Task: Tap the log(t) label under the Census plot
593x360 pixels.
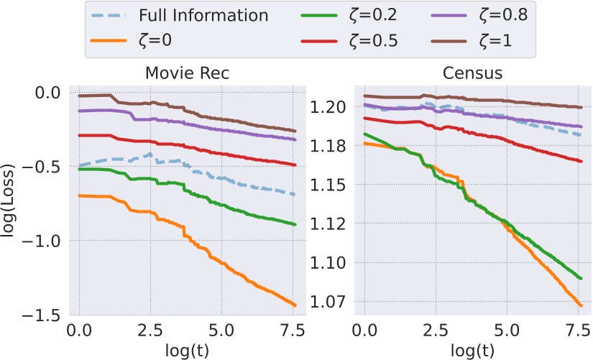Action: click(x=472, y=351)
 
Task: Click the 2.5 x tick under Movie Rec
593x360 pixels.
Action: click(x=149, y=333)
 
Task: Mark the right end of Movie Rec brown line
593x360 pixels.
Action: click(x=295, y=131)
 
